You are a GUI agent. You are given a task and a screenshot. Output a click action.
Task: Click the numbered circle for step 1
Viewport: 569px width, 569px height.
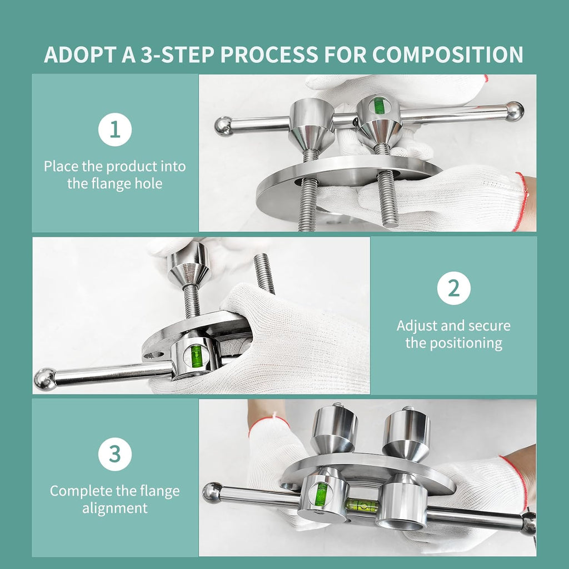tap(114, 129)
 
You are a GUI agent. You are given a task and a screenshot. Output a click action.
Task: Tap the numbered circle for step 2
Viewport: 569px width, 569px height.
tap(453, 288)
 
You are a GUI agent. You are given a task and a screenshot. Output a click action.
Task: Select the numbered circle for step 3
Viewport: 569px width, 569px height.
tap(114, 454)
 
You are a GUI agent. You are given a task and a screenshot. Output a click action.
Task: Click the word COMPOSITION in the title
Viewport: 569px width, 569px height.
tap(447, 54)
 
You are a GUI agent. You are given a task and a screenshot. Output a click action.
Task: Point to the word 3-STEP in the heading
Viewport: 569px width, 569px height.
tap(177, 54)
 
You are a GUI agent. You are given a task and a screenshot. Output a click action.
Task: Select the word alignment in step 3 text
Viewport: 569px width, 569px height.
tap(114, 508)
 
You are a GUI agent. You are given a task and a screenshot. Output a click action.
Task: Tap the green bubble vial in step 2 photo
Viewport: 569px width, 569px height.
tap(196, 355)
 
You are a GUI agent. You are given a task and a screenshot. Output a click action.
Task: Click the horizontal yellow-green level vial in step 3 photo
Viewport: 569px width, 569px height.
tap(362, 505)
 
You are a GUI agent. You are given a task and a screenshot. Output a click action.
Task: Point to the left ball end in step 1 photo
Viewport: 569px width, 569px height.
tap(223, 126)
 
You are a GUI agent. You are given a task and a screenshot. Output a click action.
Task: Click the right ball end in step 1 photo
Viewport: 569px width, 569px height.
tap(515, 111)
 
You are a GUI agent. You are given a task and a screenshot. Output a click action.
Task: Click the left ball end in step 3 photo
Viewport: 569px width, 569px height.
tap(212, 492)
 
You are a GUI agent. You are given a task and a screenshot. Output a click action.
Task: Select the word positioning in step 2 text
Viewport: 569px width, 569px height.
tap(466, 343)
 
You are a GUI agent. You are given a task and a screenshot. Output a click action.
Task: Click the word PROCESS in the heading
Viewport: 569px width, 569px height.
tap(269, 54)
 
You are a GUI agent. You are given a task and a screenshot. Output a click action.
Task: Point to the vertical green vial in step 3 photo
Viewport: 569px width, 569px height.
tap(321, 494)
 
